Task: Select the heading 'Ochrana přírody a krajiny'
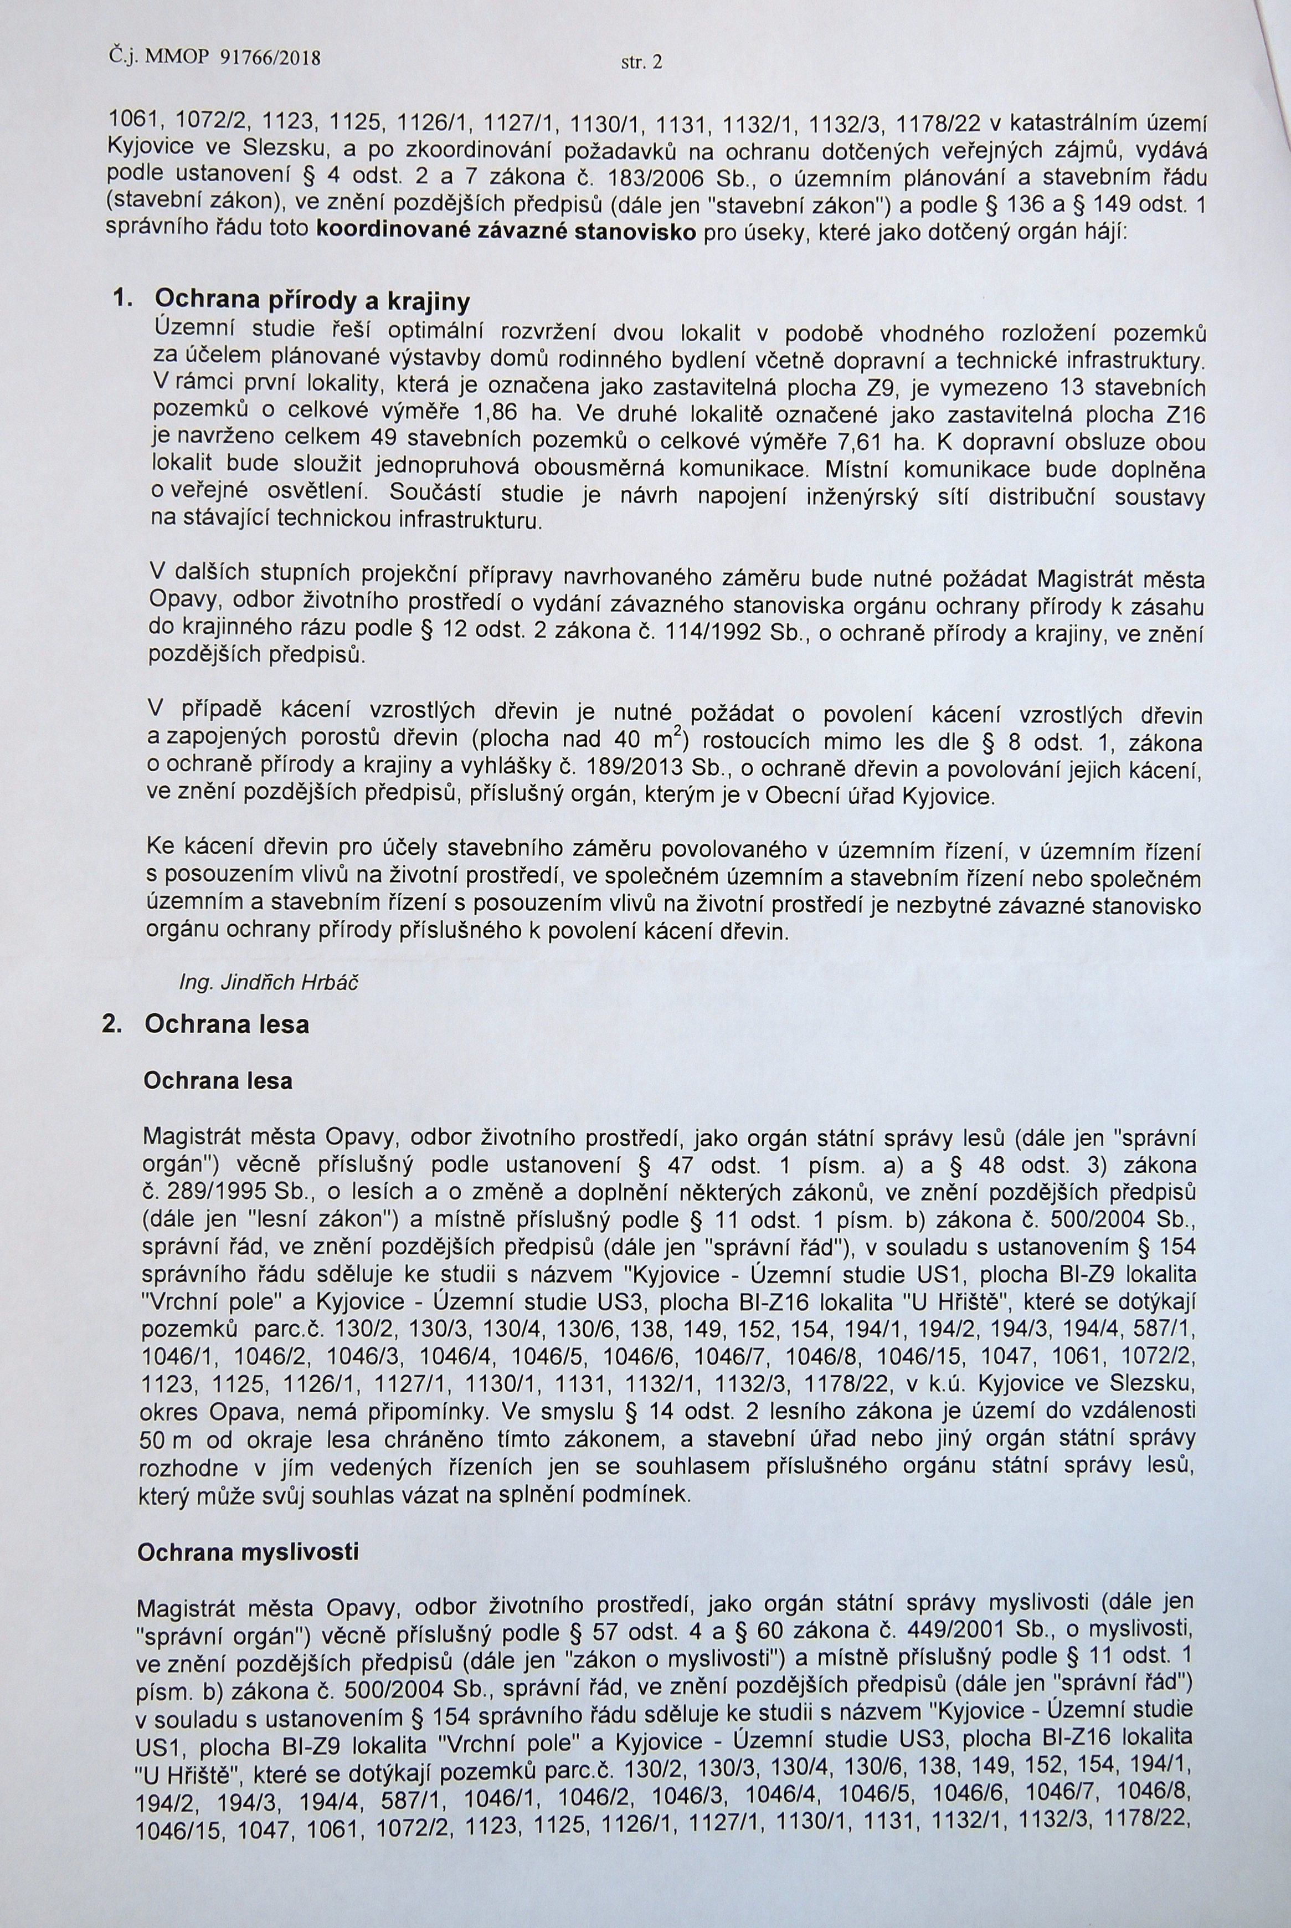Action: (x=312, y=301)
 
